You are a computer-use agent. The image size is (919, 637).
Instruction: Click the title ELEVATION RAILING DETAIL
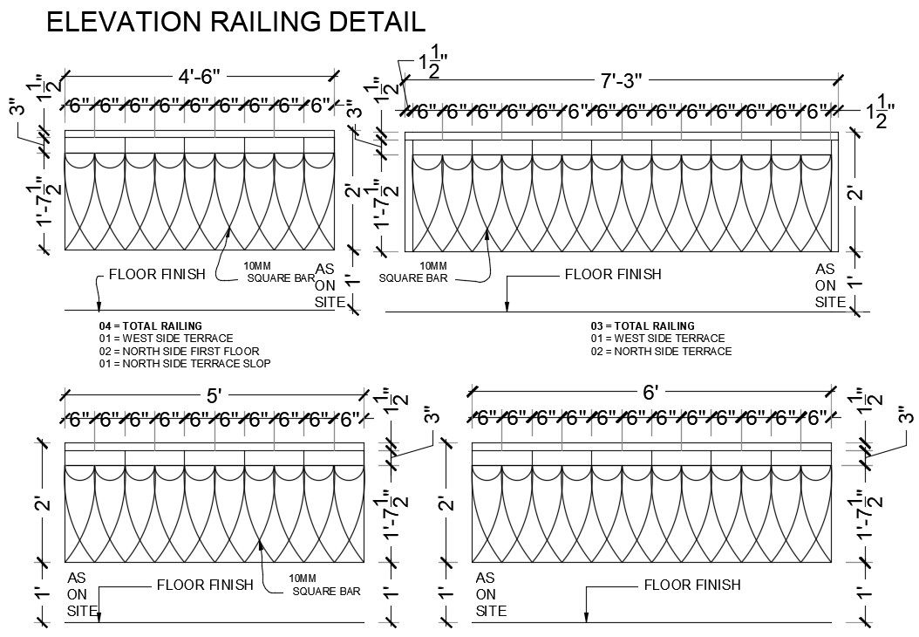(235, 22)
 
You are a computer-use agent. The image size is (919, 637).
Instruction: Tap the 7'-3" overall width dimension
(621, 81)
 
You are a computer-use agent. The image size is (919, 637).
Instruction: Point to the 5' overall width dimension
(214, 395)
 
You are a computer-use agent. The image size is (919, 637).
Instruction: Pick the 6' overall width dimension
(650, 393)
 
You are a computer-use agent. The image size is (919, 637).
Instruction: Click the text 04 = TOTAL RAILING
(150, 326)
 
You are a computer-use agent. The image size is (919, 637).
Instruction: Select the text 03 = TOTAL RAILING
(643, 326)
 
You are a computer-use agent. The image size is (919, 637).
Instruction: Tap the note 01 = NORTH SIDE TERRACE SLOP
(184, 363)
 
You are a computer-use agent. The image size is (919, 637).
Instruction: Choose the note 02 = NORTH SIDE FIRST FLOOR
(179, 351)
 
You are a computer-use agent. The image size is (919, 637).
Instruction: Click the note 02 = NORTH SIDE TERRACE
(661, 351)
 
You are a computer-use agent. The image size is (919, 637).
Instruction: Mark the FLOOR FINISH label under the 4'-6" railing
(156, 274)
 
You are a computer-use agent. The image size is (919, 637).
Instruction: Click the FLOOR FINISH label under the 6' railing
(691, 585)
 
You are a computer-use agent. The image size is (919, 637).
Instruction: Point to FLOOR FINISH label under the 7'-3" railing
(613, 274)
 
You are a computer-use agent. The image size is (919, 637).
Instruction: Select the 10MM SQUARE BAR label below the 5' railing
(325, 585)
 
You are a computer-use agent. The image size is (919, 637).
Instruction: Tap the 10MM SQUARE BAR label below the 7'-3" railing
(414, 272)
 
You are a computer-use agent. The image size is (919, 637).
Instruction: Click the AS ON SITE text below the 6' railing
(490, 594)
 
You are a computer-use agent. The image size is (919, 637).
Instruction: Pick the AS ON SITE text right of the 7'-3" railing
(829, 285)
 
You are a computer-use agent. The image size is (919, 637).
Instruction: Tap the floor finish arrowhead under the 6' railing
(586, 618)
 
